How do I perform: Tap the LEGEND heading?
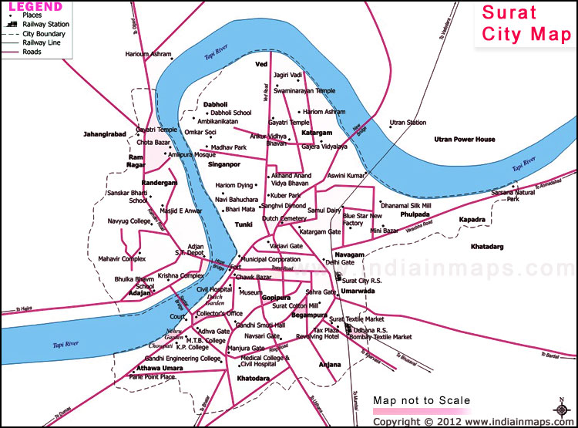(x=36, y=7)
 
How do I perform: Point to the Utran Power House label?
(x=464, y=140)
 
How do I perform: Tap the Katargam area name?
(x=316, y=133)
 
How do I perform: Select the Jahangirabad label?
(x=104, y=134)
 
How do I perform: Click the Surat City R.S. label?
(x=361, y=281)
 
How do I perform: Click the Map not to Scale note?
(x=421, y=401)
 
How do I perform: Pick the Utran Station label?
(x=408, y=123)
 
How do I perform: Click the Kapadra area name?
(x=472, y=220)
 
